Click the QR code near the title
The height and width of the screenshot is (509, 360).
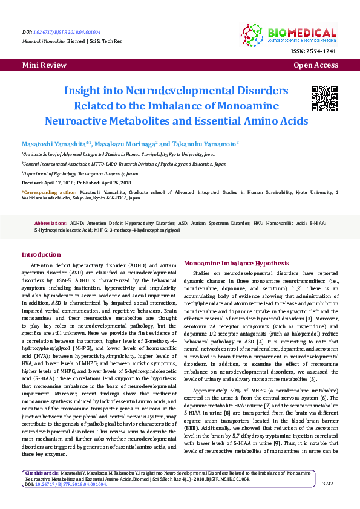tap(324, 99)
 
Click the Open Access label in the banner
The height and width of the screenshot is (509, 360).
tap(315, 65)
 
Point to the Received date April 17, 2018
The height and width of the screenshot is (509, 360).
tap(59, 182)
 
